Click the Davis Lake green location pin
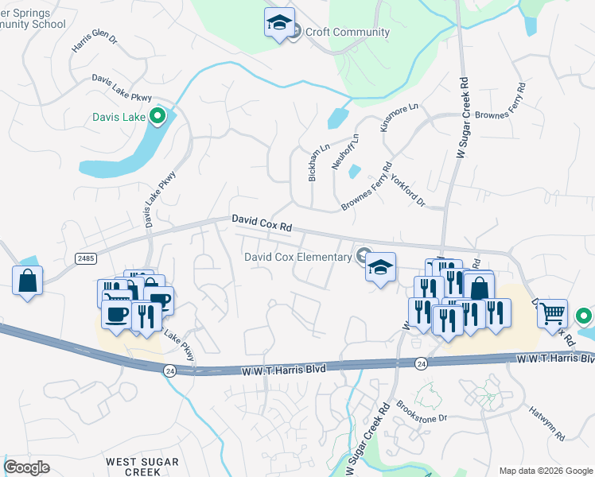157,117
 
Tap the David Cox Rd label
262,223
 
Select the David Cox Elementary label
297,257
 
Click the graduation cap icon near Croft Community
279,24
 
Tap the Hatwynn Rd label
546,425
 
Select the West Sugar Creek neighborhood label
134,466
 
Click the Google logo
26,467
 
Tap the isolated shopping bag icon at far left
28,281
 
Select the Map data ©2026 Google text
546,471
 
